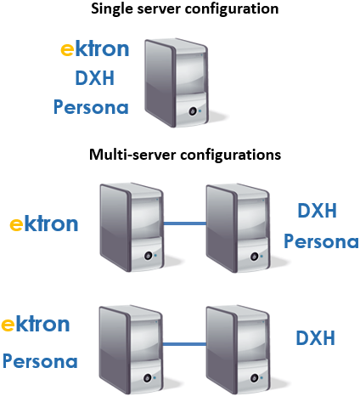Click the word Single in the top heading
coord(112,9)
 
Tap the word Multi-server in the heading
coord(132,155)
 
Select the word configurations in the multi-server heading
coord(230,156)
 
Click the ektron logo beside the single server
coord(95,48)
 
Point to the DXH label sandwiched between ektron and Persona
coord(95,78)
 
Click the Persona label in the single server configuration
coord(91,107)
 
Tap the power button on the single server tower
coord(193,111)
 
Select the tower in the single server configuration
coord(177,83)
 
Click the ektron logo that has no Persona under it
coord(44,223)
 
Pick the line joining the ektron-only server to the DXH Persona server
coord(185,223)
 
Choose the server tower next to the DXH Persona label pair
coord(238,229)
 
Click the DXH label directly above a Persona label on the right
coord(318,211)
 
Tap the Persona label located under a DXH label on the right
coord(321,241)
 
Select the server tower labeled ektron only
coord(132,228)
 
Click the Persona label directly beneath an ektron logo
coord(40,361)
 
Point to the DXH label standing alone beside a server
coord(315,338)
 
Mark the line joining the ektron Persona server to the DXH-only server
coord(184,344)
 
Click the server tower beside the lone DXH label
coord(238,349)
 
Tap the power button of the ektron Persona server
coord(147,378)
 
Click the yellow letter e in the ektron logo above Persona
coord(8,325)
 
